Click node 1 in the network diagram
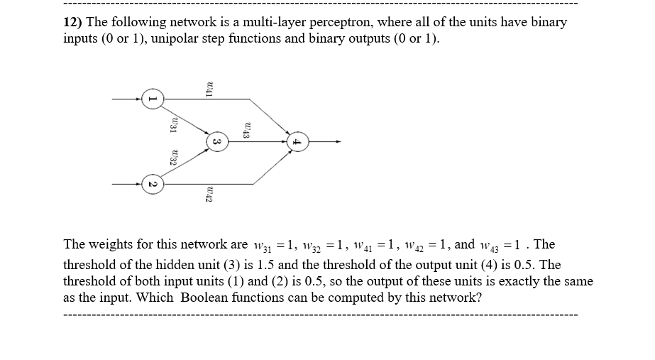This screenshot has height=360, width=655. click(x=150, y=99)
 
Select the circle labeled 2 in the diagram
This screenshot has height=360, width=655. click(x=150, y=185)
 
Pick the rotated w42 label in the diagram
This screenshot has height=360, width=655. click(x=209, y=193)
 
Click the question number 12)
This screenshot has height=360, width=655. click(x=74, y=22)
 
